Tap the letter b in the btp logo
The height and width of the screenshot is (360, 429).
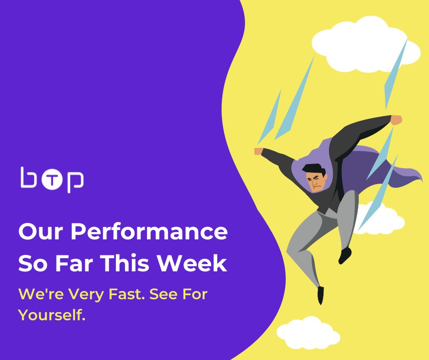[30, 178]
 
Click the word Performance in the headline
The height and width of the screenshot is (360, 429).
[149, 232]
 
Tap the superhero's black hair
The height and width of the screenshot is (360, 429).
[314, 169]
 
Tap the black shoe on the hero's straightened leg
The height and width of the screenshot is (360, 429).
[321, 295]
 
